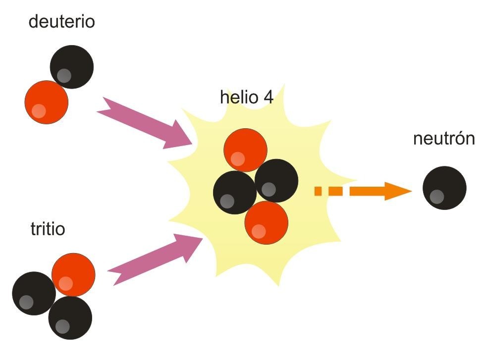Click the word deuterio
(x=61, y=22)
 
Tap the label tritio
(x=48, y=230)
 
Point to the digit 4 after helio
(x=268, y=97)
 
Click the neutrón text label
(x=443, y=139)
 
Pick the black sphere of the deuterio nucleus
(x=72, y=65)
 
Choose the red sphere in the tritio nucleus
(x=73, y=275)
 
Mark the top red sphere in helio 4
(x=246, y=150)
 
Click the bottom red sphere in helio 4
(x=267, y=222)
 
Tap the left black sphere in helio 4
(x=234, y=193)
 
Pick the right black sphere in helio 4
(x=277, y=180)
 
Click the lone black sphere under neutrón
(x=444, y=188)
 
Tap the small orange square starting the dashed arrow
(x=320, y=191)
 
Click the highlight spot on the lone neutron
(x=437, y=197)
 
